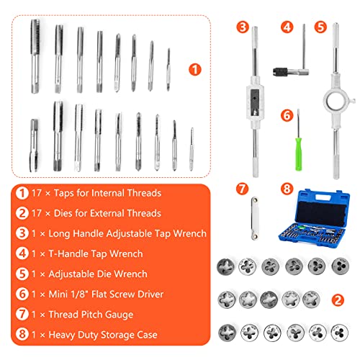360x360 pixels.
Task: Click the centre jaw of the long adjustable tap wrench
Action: click(255, 93)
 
